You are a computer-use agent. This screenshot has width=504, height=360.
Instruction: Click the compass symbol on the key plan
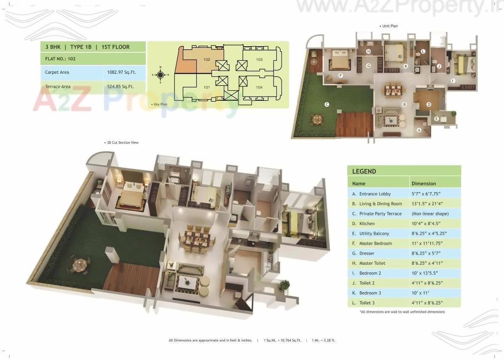point(160,75)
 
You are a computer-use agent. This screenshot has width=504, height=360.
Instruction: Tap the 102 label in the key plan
point(206,59)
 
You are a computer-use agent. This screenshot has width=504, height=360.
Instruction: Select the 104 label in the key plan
point(259,87)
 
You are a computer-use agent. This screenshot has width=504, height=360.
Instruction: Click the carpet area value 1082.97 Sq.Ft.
point(119,73)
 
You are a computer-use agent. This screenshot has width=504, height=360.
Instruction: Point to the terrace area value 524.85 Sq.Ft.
point(119,87)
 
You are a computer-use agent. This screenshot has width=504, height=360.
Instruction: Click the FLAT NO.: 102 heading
point(60,59)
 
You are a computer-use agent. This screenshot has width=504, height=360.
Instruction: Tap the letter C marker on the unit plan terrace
point(327,104)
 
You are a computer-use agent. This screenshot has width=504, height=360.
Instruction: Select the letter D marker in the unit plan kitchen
point(429,104)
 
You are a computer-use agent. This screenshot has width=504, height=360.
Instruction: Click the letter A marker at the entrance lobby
point(419,130)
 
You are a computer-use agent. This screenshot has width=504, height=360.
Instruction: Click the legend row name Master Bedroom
point(375,244)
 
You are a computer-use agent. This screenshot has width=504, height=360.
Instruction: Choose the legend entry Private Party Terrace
point(380,214)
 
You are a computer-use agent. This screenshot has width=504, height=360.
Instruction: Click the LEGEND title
point(364,172)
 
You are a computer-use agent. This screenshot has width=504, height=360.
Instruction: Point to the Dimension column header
point(424,184)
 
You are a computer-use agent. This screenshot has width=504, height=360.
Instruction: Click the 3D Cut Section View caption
point(122,143)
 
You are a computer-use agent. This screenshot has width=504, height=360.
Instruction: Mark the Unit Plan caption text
point(389,26)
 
